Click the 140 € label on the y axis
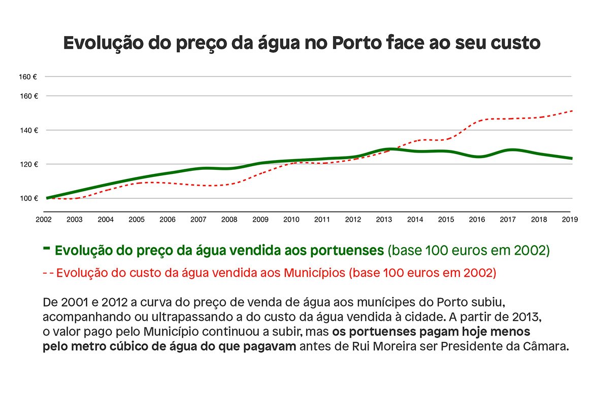[28, 130]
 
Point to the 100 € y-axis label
[28, 198]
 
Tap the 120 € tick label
[28, 164]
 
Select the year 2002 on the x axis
[44, 219]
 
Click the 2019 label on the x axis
[570, 219]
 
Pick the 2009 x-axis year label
[260, 219]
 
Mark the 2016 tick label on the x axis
[477, 219]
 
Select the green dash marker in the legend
[47, 248]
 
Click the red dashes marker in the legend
[48, 273]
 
